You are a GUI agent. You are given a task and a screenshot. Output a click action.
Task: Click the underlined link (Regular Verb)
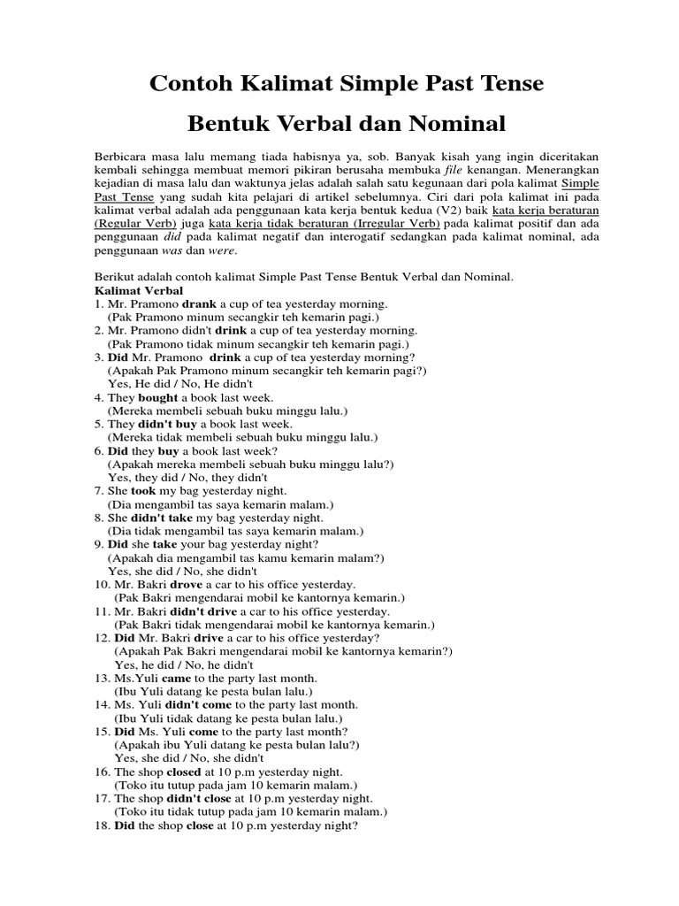[x=134, y=224]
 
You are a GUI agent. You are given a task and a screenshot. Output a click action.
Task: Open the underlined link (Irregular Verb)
[x=383, y=224]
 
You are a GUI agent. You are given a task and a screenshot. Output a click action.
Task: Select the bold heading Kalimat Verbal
[x=139, y=290]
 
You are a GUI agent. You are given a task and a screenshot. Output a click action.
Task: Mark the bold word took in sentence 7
[x=143, y=490]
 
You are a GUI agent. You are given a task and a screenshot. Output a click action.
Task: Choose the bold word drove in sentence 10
[x=186, y=584]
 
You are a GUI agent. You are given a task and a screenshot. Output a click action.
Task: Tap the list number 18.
[x=101, y=825]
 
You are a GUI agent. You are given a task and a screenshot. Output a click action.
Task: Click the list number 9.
[x=97, y=544]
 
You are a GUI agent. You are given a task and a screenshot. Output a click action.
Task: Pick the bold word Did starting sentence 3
[x=118, y=357]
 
